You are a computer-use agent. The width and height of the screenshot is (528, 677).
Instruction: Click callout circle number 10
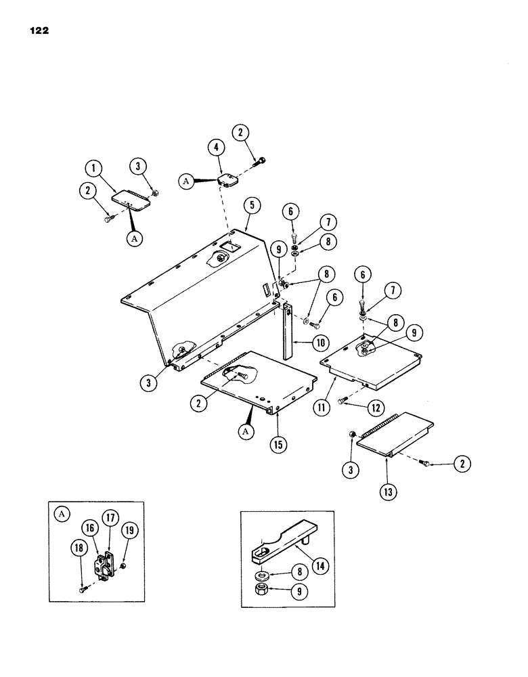pos(317,343)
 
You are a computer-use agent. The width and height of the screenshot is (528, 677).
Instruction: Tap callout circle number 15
pos(277,446)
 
